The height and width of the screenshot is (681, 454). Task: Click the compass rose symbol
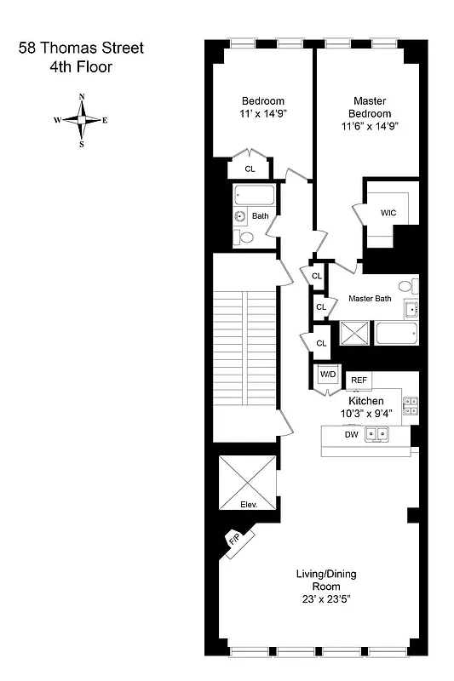82,120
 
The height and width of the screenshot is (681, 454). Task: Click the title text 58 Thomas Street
82,49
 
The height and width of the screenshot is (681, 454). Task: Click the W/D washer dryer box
327,375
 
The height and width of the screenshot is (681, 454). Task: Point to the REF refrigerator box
359,381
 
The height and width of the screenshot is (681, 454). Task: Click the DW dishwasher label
351,435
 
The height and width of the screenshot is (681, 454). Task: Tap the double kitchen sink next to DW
376,435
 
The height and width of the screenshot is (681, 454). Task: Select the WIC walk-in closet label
388,212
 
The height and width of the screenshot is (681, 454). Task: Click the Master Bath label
370,299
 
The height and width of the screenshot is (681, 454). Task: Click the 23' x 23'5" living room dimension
318,599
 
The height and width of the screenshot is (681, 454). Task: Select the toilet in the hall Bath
245,237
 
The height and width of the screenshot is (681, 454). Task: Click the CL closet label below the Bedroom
250,169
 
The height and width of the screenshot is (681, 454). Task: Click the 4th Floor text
81,66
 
